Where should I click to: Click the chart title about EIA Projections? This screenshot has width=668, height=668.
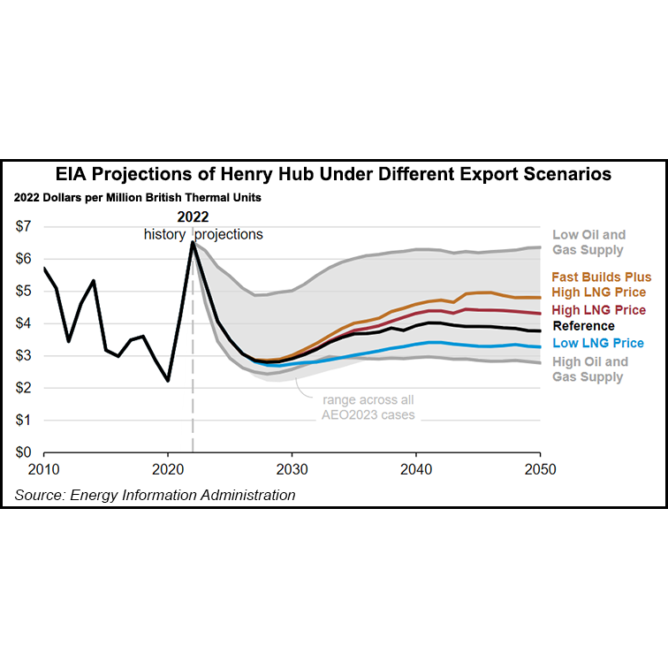(x=334, y=174)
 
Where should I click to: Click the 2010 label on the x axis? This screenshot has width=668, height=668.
(x=44, y=469)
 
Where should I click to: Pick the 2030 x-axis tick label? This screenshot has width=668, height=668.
(x=292, y=469)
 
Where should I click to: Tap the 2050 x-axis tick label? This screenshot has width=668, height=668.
(x=540, y=469)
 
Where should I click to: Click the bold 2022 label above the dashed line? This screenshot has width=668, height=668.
(x=193, y=217)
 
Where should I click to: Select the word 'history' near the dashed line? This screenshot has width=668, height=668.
(x=164, y=234)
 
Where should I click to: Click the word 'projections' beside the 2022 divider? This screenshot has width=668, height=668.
(x=229, y=234)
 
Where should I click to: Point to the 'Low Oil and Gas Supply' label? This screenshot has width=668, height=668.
(x=588, y=242)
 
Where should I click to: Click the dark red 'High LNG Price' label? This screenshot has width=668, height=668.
(x=598, y=309)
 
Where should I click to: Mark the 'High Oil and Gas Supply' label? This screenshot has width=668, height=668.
(x=589, y=368)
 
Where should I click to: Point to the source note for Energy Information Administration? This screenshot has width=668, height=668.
(x=155, y=495)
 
